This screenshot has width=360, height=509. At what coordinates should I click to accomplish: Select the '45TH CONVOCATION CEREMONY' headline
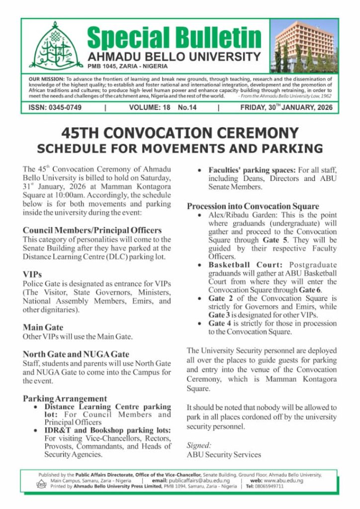pos(180,133)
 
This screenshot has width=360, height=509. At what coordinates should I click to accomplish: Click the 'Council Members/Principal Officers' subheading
pos(92,230)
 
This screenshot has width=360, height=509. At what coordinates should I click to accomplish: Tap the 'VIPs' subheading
pos(32,274)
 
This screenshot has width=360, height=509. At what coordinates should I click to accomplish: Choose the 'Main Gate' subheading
pos(43,327)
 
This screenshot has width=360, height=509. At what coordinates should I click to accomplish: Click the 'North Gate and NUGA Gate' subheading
pos(76,354)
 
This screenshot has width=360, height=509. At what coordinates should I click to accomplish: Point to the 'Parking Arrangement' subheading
pos(65,399)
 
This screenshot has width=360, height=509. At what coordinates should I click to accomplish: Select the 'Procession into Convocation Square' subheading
pos(253,206)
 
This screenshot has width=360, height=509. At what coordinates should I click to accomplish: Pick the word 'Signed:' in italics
pos(198,445)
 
